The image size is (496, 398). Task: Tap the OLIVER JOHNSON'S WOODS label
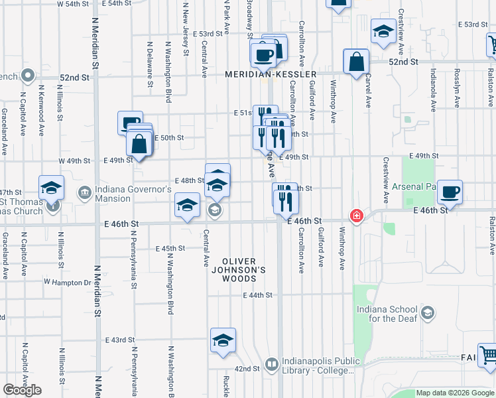pos(243,270)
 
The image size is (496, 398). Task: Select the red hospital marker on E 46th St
pos(357,216)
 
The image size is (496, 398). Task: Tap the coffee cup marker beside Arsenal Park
pos(450,192)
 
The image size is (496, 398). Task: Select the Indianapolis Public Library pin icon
pos(271,364)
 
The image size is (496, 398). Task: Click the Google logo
pos(22,390)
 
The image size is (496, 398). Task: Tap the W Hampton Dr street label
pos(67,282)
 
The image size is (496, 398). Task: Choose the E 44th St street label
pos(258,295)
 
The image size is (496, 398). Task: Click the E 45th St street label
pos(170,249)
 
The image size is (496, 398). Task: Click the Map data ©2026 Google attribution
pos(455,393)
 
